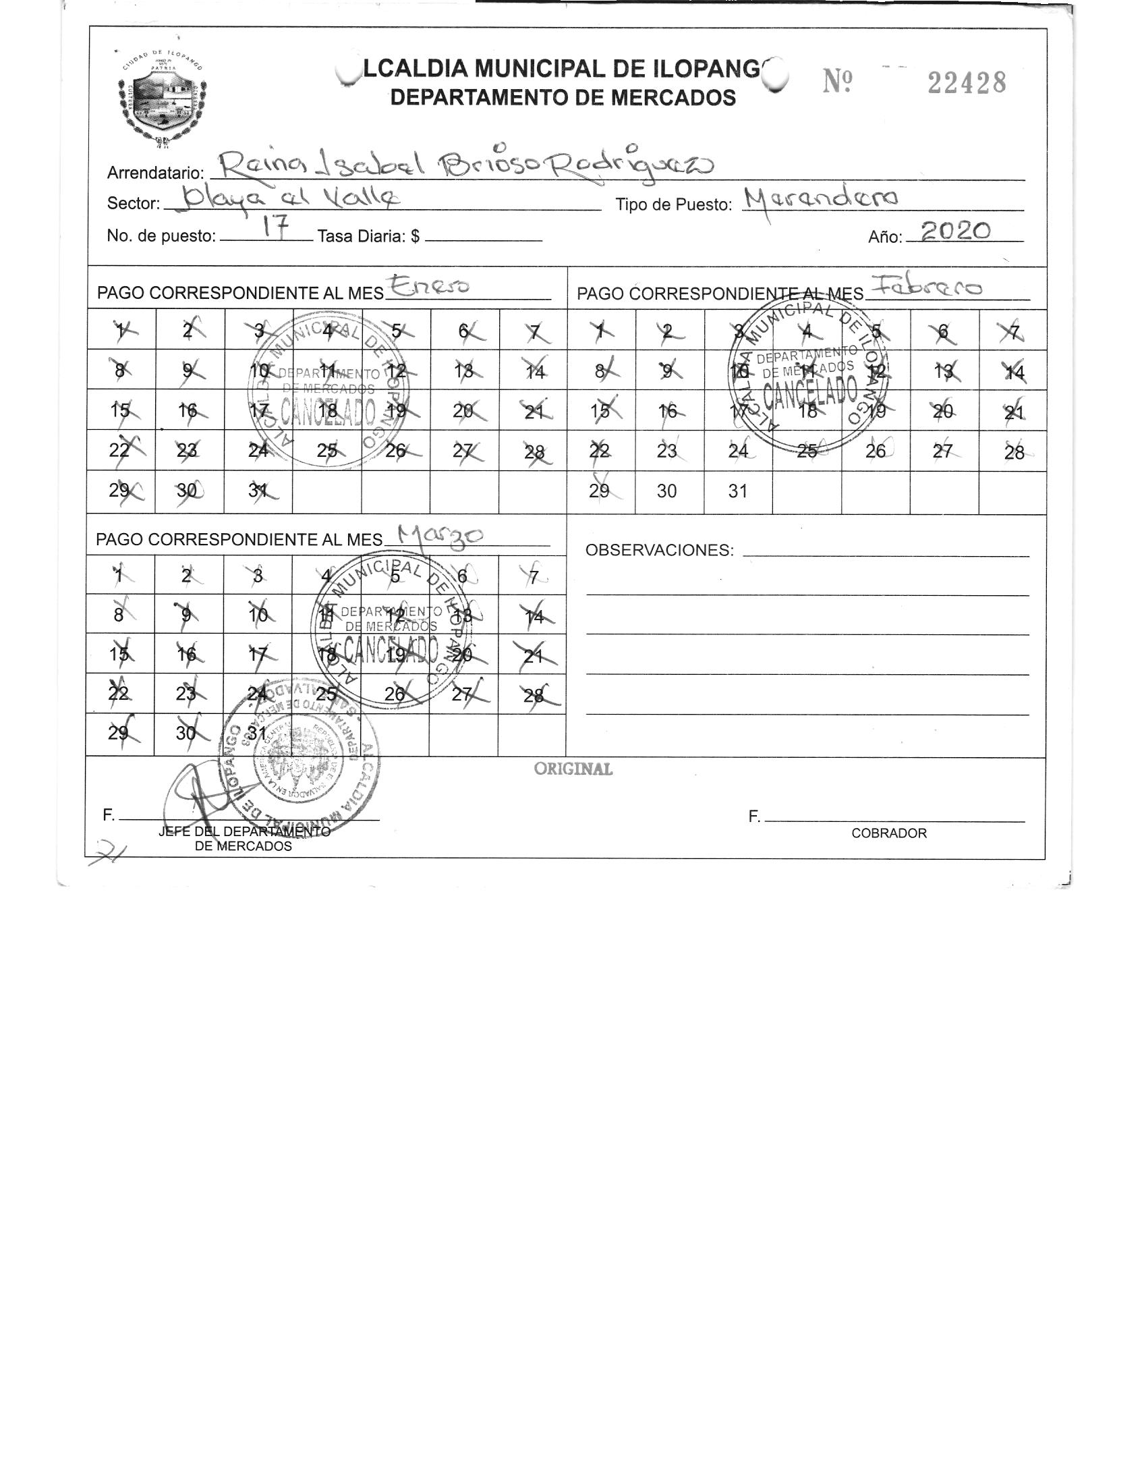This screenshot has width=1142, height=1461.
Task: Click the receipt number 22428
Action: click(x=966, y=84)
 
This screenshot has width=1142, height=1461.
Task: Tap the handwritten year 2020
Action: click(x=956, y=231)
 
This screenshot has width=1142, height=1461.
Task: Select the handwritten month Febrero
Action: click(x=925, y=287)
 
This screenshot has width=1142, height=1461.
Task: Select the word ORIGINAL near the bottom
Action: click(x=573, y=769)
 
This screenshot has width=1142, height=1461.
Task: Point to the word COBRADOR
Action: click(x=889, y=833)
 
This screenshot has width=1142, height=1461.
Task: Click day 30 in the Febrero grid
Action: click(x=666, y=491)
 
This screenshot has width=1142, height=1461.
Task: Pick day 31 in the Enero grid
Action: click(x=256, y=491)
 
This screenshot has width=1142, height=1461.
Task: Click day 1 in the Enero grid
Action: click(x=121, y=331)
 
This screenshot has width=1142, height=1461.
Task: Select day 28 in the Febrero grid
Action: click(x=1014, y=452)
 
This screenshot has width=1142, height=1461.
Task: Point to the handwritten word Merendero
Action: click(x=822, y=198)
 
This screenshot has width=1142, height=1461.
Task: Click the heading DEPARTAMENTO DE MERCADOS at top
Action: click(x=563, y=98)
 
